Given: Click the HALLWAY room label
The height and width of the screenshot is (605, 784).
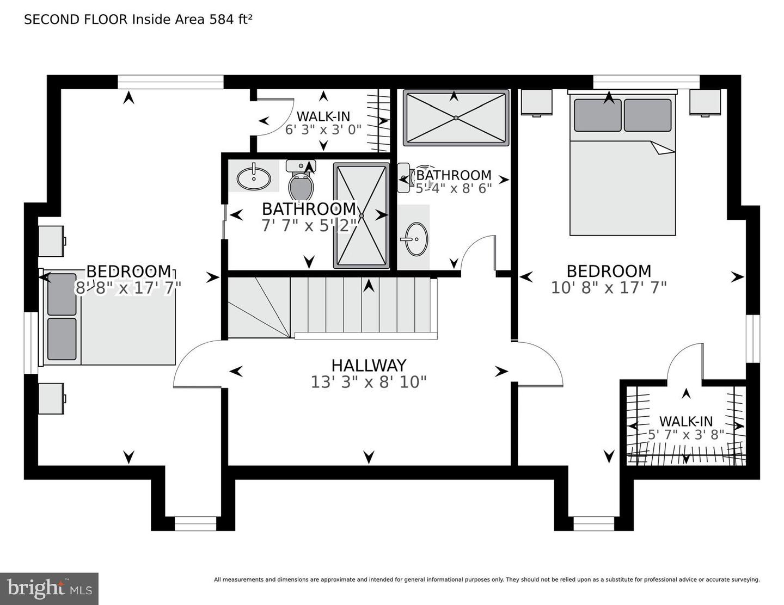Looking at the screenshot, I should click(369, 365).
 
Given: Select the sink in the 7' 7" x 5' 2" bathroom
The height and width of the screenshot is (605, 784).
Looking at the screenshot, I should click(253, 177).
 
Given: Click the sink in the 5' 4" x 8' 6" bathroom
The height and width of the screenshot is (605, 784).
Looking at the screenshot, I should click(416, 239).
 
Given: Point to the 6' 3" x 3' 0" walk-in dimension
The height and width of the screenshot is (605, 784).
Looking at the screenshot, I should click(323, 130).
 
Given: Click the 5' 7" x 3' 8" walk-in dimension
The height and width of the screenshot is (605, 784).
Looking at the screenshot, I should click(686, 435).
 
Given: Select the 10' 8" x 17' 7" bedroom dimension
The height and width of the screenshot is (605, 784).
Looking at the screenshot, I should click(608, 287).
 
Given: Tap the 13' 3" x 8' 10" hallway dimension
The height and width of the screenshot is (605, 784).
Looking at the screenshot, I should click(369, 382).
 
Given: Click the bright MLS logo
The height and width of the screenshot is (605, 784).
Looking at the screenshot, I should click(50, 589).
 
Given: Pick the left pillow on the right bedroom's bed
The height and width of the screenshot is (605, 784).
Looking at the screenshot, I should click(597, 115).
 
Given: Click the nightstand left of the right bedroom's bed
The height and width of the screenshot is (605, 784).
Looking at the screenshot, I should click(536, 102).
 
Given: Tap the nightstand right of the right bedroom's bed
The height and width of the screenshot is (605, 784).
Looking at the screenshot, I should click(705, 102).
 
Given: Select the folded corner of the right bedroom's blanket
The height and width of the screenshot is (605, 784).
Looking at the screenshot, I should click(663, 147).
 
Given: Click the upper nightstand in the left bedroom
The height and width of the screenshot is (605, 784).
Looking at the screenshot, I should click(51, 241).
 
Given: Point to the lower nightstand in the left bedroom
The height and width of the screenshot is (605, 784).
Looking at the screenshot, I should click(51, 398).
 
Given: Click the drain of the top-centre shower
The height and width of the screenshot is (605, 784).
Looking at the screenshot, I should click(456, 118).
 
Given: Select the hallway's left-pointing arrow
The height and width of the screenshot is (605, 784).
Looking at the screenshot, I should click(236, 372).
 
